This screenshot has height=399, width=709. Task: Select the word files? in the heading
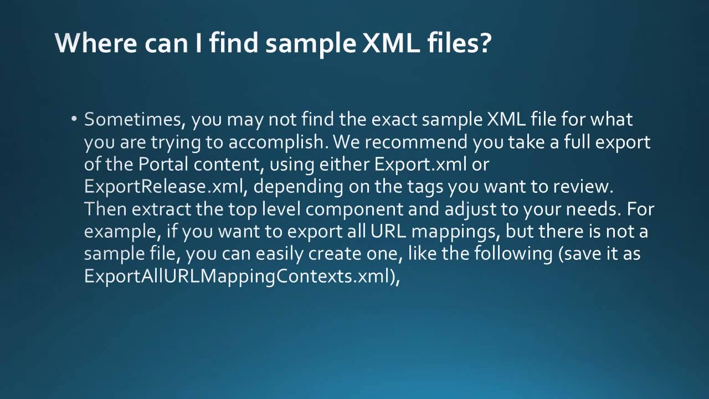pyautogui.click(x=459, y=43)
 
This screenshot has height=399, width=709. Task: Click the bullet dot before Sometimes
pyautogui.click(x=74, y=119)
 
